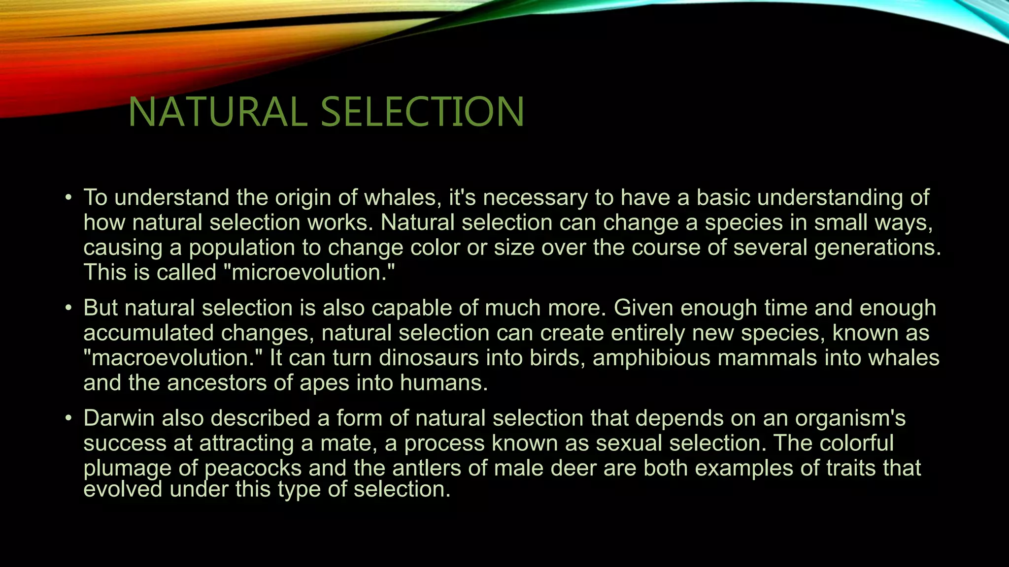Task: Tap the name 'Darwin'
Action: [x=119, y=418]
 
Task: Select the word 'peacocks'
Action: [x=253, y=468]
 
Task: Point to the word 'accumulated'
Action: [x=148, y=333]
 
